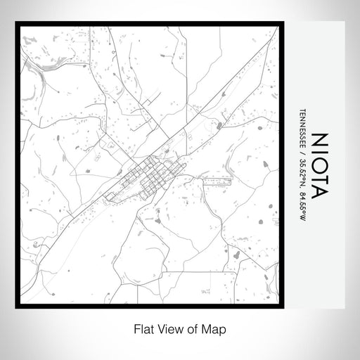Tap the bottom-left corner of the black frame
tap(18, 307)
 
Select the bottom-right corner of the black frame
tap(283, 307)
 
